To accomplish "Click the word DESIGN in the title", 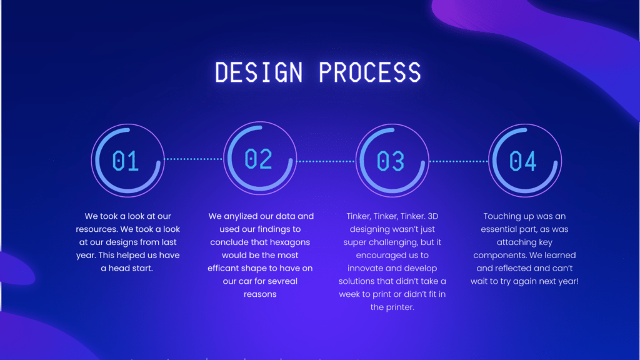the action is tap(259, 72).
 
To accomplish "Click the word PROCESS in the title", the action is tap(370, 72).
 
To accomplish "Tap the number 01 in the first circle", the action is tap(126, 161).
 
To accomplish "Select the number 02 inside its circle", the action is tap(258, 159).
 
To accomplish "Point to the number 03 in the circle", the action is tap(391, 161).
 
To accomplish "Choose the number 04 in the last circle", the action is tap(523, 161).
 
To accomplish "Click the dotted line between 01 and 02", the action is tap(194, 159).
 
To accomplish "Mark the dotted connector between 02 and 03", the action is tap(326, 161).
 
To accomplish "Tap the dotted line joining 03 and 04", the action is tap(458, 161).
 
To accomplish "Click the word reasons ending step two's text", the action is tap(260, 294).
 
